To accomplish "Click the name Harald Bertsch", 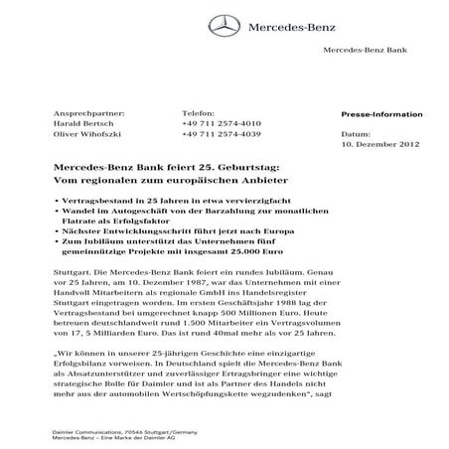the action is (x=78, y=124).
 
